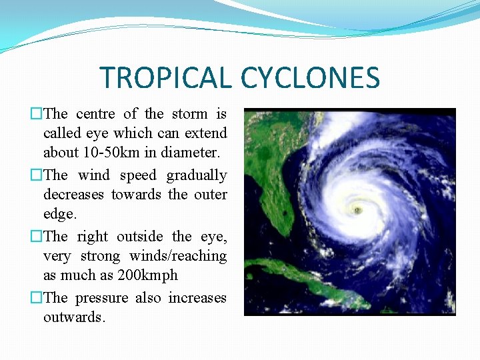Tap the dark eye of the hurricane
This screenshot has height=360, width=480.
[x=358, y=210]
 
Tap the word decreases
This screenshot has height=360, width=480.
[x=74, y=195]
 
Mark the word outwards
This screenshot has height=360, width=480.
[x=73, y=317]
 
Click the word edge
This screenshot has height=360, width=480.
[x=59, y=214]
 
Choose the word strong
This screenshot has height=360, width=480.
[x=101, y=256]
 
